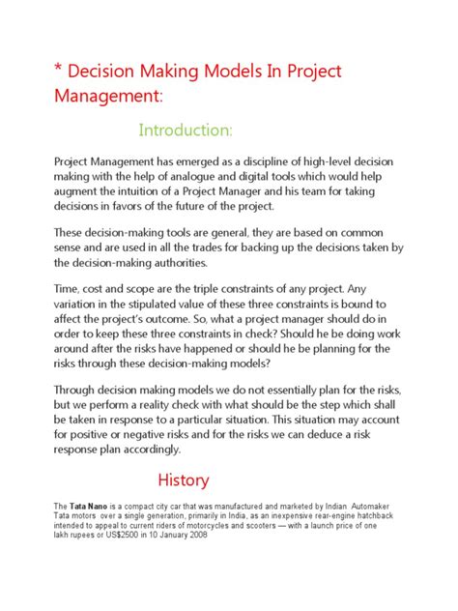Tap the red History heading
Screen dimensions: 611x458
tap(183, 480)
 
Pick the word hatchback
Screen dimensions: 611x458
tap(395, 516)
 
